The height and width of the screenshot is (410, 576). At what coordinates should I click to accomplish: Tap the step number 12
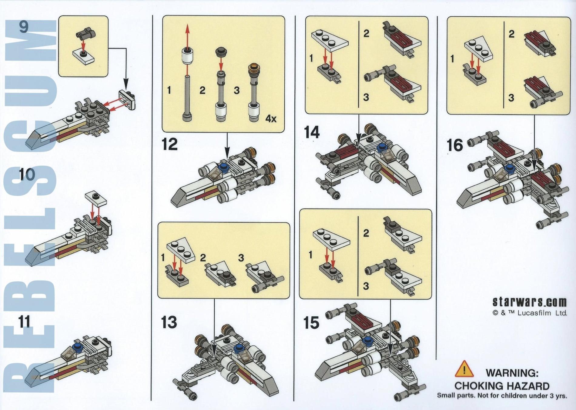tap(170, 144)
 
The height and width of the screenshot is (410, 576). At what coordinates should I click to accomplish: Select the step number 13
tap(169, 322)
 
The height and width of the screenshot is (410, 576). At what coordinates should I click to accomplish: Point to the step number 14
tap(312, 132)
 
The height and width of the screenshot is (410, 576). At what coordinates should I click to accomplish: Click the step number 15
tap(311, 323)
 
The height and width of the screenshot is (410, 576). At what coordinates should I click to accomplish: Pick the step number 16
tap(455, 145)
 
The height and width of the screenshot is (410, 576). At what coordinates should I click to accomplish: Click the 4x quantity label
tap(271, 118)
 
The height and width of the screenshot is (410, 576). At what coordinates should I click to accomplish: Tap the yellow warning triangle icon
tap(464, 369)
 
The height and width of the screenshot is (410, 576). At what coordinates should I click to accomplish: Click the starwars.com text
tap(529, 302)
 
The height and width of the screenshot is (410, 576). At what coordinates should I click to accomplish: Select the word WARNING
tap(512, 373)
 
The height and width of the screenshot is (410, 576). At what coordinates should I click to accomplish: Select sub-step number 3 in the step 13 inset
tap(241, 258)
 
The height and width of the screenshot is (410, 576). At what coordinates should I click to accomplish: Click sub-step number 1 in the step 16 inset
tap(452, 58)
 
